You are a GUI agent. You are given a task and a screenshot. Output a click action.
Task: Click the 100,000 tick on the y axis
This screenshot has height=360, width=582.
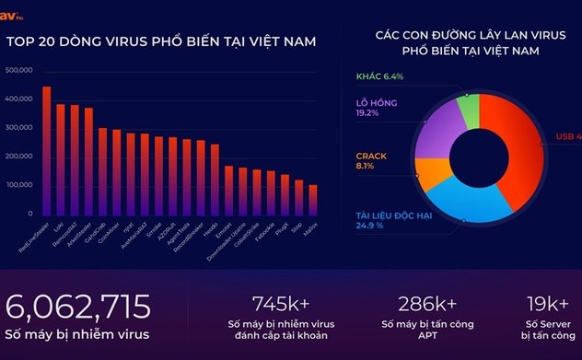[19, 185]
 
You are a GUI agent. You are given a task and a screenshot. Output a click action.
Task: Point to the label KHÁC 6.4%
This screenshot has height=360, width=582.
[380, 76]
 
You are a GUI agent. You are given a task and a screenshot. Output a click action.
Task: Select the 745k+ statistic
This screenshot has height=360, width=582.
[284, 304]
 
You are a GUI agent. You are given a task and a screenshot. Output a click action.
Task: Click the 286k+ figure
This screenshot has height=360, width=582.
[428, 304]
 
